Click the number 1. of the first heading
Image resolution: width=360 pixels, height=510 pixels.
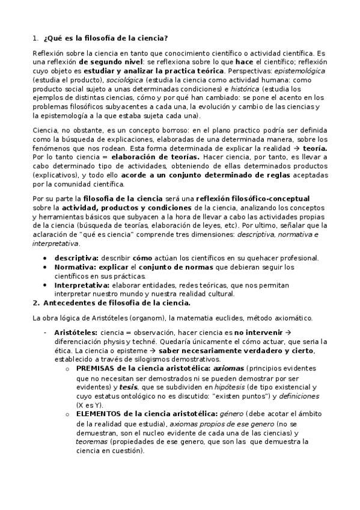point(35,38)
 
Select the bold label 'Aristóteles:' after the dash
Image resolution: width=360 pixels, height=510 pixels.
point(75,331)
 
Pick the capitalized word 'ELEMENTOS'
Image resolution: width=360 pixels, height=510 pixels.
point(99,414)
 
